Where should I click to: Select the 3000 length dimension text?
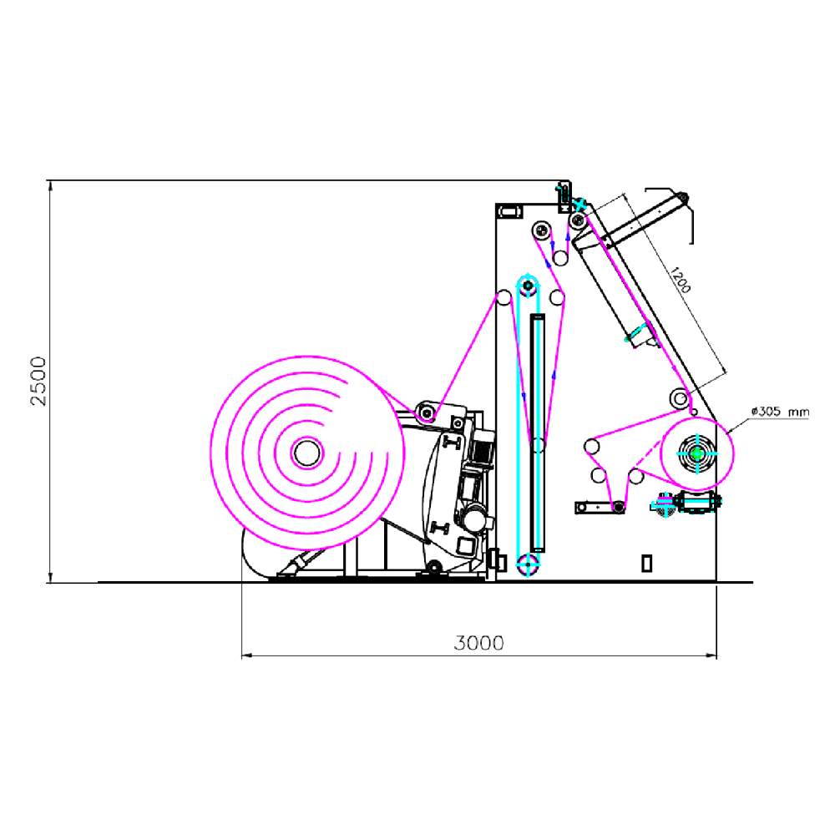(x=479, y=643)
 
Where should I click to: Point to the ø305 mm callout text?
(x=780, y=411)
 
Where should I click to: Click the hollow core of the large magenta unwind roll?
(x=306, y=453)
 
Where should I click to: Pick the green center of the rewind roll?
(x=697, y=453)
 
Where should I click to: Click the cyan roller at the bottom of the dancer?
(x=527, y=564)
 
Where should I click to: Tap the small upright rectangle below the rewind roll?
(x=646, y=563)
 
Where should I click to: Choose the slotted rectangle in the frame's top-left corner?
(x=509, y=212)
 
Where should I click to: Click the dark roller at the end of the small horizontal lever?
(x=618, y=507)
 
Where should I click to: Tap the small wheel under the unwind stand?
(x=433, y=569)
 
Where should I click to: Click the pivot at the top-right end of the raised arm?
(x=681, y=198)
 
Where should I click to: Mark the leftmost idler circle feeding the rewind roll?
(x=591, y=447)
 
